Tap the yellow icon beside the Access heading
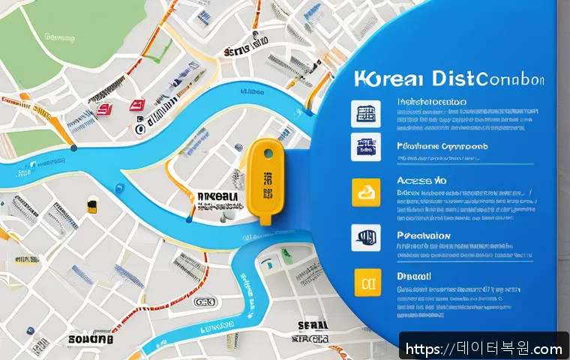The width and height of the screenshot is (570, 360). pyautogui.click(x=362, y=193)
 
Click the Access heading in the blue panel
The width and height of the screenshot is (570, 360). pyautogui.click(x=420, y=181)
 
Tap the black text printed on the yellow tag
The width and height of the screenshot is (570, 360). pyautogui.click(x=266, y=181)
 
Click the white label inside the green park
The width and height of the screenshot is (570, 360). pyautogui.click(x=60, y=36)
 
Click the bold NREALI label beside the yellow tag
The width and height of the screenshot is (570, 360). pyautogui.click(x=218, y=196)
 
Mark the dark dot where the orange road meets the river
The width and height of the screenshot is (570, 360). pyautogui.click(x=73, y=148)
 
